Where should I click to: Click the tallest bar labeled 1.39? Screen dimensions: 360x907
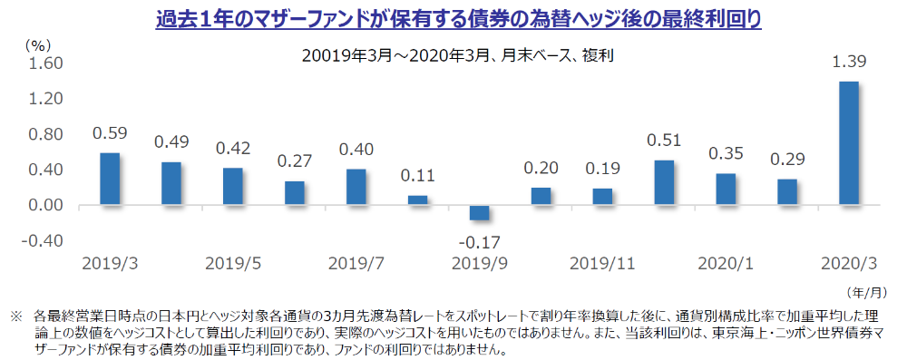848,143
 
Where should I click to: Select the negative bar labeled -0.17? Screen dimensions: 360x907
479,213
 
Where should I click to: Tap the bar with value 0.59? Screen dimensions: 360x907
110,179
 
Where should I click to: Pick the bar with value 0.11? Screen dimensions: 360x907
417,200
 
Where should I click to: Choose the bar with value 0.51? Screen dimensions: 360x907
664,183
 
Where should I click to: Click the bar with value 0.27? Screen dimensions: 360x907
295,193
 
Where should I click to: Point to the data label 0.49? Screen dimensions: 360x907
171,142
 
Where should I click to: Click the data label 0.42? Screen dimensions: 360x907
233,149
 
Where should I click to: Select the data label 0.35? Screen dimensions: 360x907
726,153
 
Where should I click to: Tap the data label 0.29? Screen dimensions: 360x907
787,159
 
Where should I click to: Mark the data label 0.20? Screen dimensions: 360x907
541,168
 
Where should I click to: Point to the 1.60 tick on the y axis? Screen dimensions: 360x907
44,63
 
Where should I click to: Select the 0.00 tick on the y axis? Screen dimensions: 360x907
44,206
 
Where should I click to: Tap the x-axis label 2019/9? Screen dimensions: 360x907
479,263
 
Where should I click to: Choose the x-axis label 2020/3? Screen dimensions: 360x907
848,263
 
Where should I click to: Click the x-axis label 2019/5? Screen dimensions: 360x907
233,263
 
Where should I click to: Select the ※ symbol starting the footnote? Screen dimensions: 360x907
15,317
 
